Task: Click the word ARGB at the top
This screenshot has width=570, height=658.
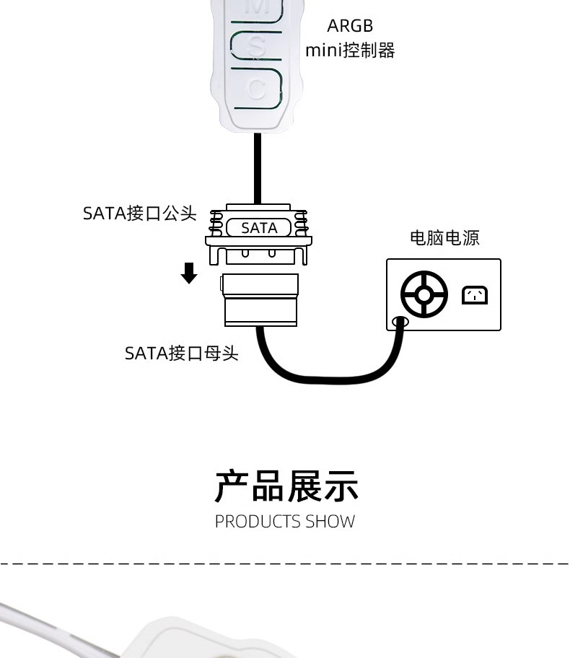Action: pyautogui.click(x=350, y=26)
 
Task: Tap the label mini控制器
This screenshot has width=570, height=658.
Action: pyautogui.click(x=350, y=51)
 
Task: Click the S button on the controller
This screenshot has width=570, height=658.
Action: pyautogui.click(x=256, y=45)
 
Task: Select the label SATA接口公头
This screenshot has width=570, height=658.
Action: pyautogui.click(x=140, y=213)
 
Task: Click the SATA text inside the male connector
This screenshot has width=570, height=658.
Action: pyautogui.click(x=259, y=228)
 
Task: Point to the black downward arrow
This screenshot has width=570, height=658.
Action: pyautogui.click(x=189, y=273)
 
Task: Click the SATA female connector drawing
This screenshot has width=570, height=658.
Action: pyautogui.click(x=260, y=299)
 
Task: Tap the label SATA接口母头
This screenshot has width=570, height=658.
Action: pyautogui.click(x=182, y=354)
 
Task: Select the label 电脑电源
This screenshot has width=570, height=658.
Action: pyautogui.click(x=444, y=238)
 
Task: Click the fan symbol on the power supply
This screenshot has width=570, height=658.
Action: pyautogui.click(x=424, y=294)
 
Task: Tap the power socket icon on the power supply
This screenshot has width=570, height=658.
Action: pyautogui.click(x=475, y=295)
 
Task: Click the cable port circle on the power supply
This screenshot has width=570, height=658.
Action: pyautogui.click(x=400, y=323)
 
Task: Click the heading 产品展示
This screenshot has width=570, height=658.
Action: pyautogui.click(x=286, y=486)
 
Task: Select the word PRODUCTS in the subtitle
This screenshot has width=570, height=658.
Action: pyautogui.click(x=258, y=522)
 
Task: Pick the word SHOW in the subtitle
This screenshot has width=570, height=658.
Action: pyautogui.click(x=330, y=522)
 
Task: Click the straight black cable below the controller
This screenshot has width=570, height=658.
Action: pyautogui.click(x=258, y=169)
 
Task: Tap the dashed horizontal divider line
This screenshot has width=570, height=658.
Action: pyautogui.click(x=285, y=563)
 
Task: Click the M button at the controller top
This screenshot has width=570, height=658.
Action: pyautogui.click(x=256, y=9)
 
